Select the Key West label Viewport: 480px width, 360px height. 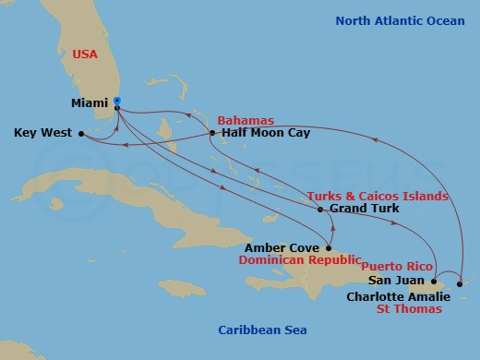pyautogui.click(x=43, y=133)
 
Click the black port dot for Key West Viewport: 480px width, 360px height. pyautogui.click(x=81, y=133)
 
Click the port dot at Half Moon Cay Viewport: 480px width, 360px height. pyautogui.click(x=213, y=133)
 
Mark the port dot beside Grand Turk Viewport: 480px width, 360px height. pyautogui.click(x=320, y=210)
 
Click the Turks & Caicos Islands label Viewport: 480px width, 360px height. pyautogui.click(x=378, y=196)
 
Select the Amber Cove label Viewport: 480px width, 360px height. pyautogui.click(x=282, y=247)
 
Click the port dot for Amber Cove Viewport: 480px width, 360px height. pyautogui.click(x=330, y=246)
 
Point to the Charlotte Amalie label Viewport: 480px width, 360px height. pyautogui.click(x=399, y=296)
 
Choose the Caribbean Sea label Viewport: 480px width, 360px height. pyautogui.click(x=262, y=330)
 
